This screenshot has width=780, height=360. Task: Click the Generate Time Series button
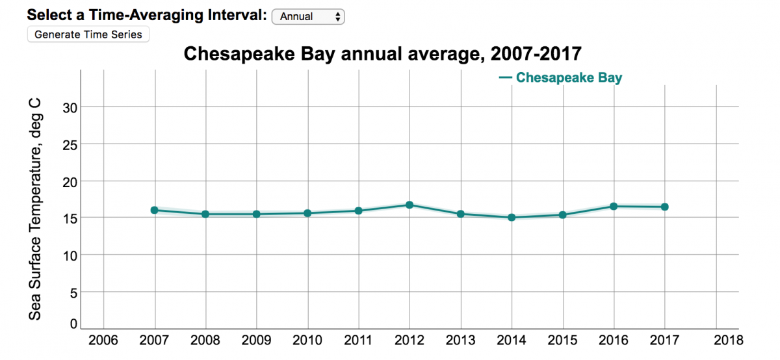pos(88,34)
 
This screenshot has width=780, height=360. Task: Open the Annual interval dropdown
pos(308,17)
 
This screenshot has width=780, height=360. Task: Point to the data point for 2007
pos(155,210)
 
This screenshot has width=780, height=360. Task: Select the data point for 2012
pos(409,205)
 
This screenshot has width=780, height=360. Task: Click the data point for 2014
pos(512,217)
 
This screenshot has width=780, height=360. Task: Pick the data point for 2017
pos(665,207)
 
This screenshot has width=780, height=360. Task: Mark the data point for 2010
pos(307,212)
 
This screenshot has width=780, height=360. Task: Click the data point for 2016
pos(614,206)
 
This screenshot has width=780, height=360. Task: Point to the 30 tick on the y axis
pos(70,107)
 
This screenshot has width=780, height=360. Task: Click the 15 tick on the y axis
pos(70,218)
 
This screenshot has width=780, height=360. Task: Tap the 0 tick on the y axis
pos(73,324)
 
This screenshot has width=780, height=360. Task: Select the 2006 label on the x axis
pos(103,340)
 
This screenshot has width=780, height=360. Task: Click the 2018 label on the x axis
pos(727,340)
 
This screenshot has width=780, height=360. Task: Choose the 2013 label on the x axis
pos(460,340)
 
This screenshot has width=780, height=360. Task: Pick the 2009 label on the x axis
pos(256,340)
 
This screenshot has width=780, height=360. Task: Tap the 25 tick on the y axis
pos(70,144)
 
